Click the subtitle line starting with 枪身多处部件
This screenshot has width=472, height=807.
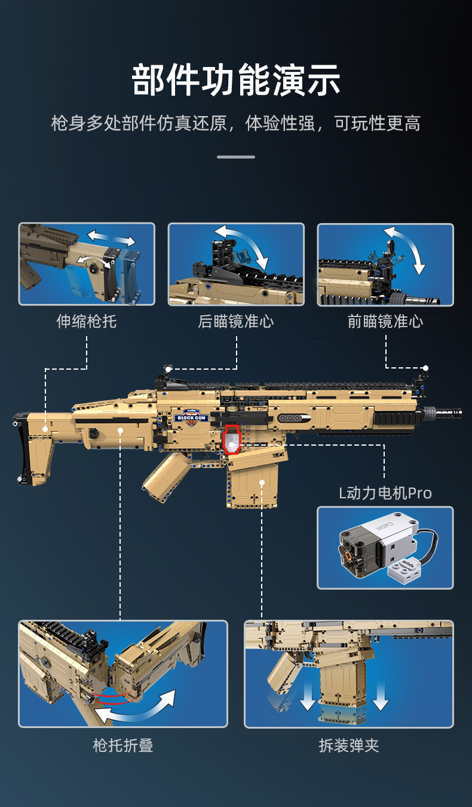click(236, 123)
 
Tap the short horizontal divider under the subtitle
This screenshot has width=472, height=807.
click(236, 157)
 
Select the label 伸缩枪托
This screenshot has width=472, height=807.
click(87, 321)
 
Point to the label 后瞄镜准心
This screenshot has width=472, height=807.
click(236, 321)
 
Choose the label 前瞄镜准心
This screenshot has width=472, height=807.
click(385, 321)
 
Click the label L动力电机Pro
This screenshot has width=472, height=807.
click(385, 493)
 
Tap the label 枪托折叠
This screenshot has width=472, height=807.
click(123, 745)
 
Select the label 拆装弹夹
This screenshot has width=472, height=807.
click(349, 745)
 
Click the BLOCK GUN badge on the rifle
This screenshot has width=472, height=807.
click(192, 414)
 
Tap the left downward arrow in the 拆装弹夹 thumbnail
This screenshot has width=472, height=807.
click(308, 697)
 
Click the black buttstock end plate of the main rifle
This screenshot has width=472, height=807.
click(22, 449)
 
